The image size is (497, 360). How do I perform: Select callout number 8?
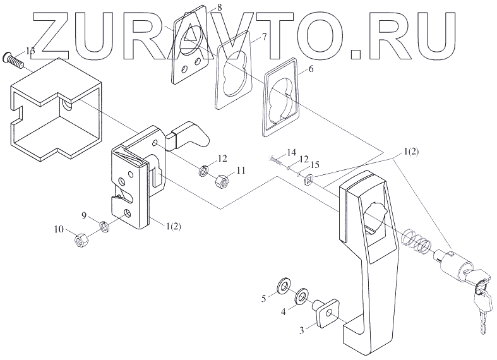click(201, 7)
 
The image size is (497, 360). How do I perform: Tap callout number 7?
click(264, 36)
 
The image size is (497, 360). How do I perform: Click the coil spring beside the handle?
click(416, 241)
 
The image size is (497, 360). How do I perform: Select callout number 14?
click(291, 153)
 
